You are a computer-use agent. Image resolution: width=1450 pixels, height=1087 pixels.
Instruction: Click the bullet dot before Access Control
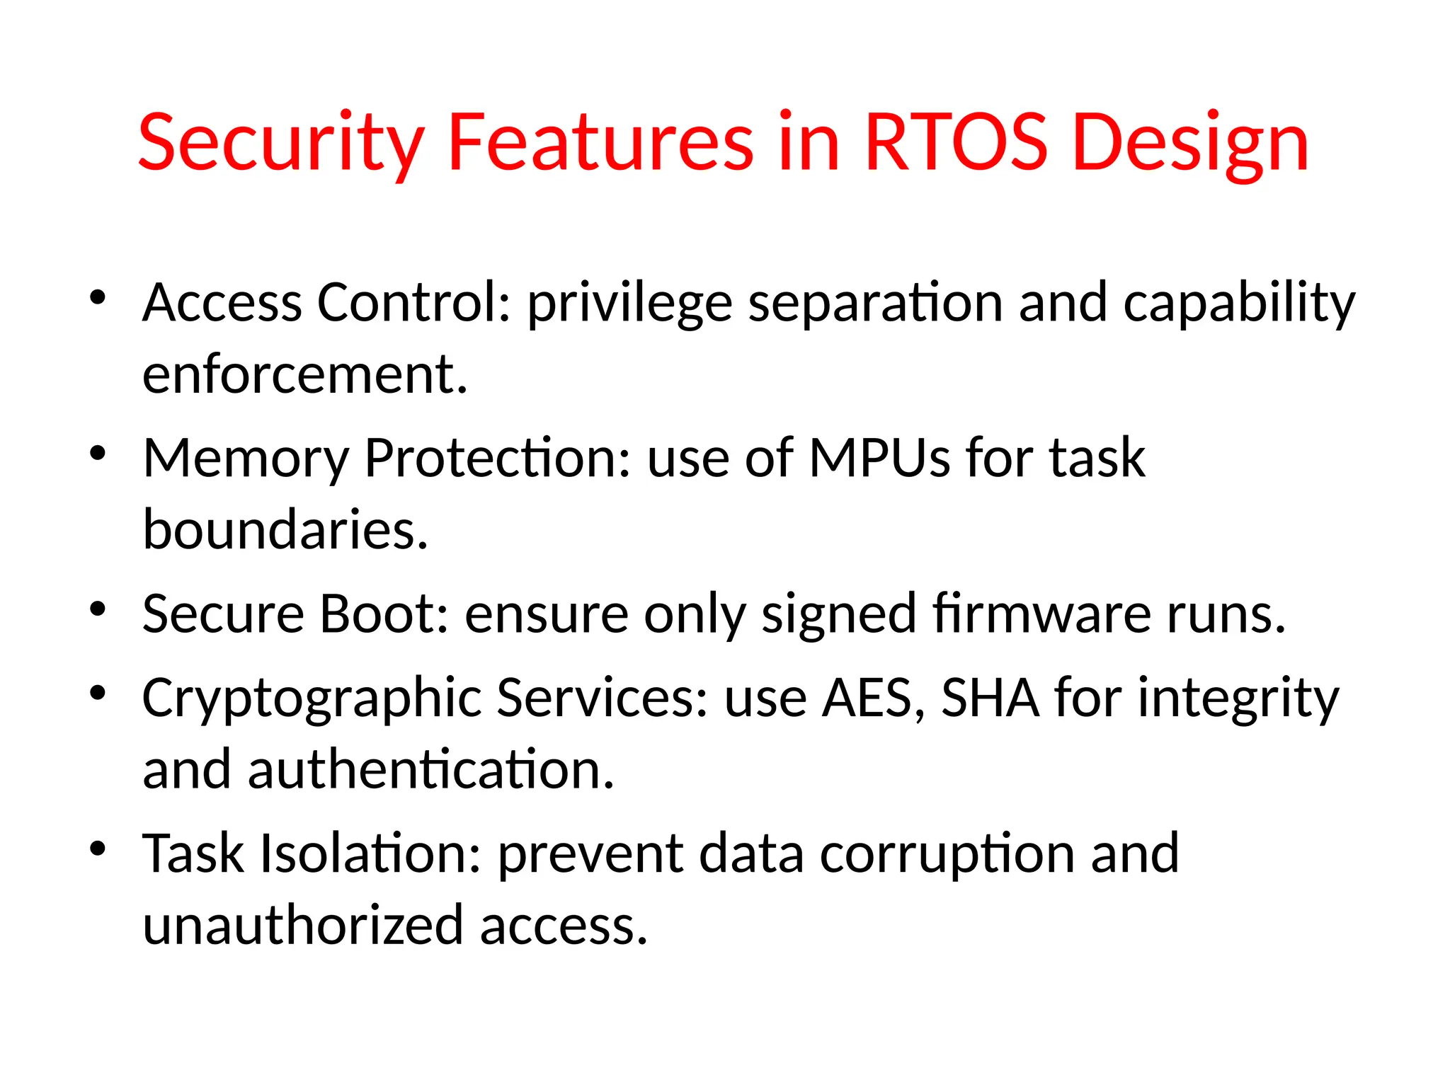point(98,297)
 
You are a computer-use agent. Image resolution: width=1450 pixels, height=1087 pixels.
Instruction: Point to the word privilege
point(629,303)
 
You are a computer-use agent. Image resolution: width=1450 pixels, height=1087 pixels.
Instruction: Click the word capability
point(1239,303)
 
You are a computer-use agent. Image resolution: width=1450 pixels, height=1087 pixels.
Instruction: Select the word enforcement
point(304,374)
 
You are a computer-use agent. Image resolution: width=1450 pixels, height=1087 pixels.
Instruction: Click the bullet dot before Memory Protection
point(98,453)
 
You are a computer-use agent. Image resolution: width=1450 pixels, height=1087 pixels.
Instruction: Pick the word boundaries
point(285,529)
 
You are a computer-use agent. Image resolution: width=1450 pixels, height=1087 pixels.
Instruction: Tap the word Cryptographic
point(312,698)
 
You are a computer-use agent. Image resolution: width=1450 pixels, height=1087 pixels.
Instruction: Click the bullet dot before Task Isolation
point(98,848)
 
